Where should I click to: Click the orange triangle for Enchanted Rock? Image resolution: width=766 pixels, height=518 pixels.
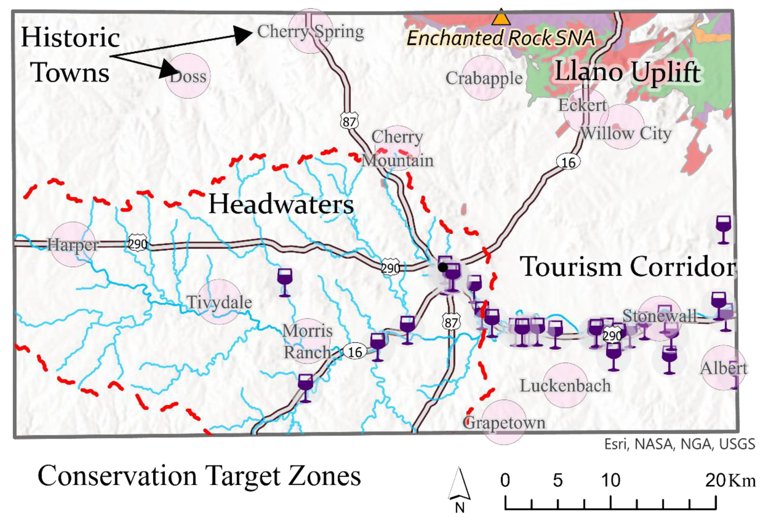501,18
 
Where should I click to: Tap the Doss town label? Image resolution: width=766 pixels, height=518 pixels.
188,77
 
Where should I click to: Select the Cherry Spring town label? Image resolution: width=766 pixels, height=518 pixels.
310,32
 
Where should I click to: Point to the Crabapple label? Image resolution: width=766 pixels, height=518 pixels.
484,78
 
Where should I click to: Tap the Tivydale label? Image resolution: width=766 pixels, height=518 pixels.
220,302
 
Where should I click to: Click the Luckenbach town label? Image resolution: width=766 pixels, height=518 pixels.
565,386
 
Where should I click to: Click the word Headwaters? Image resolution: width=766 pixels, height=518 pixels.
281,204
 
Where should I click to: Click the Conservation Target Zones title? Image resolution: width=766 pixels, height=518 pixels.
199,476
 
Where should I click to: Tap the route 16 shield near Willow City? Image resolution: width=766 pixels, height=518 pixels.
568,162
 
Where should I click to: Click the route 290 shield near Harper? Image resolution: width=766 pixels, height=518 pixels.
137,244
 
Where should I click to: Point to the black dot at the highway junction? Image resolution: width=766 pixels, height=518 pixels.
443,267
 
